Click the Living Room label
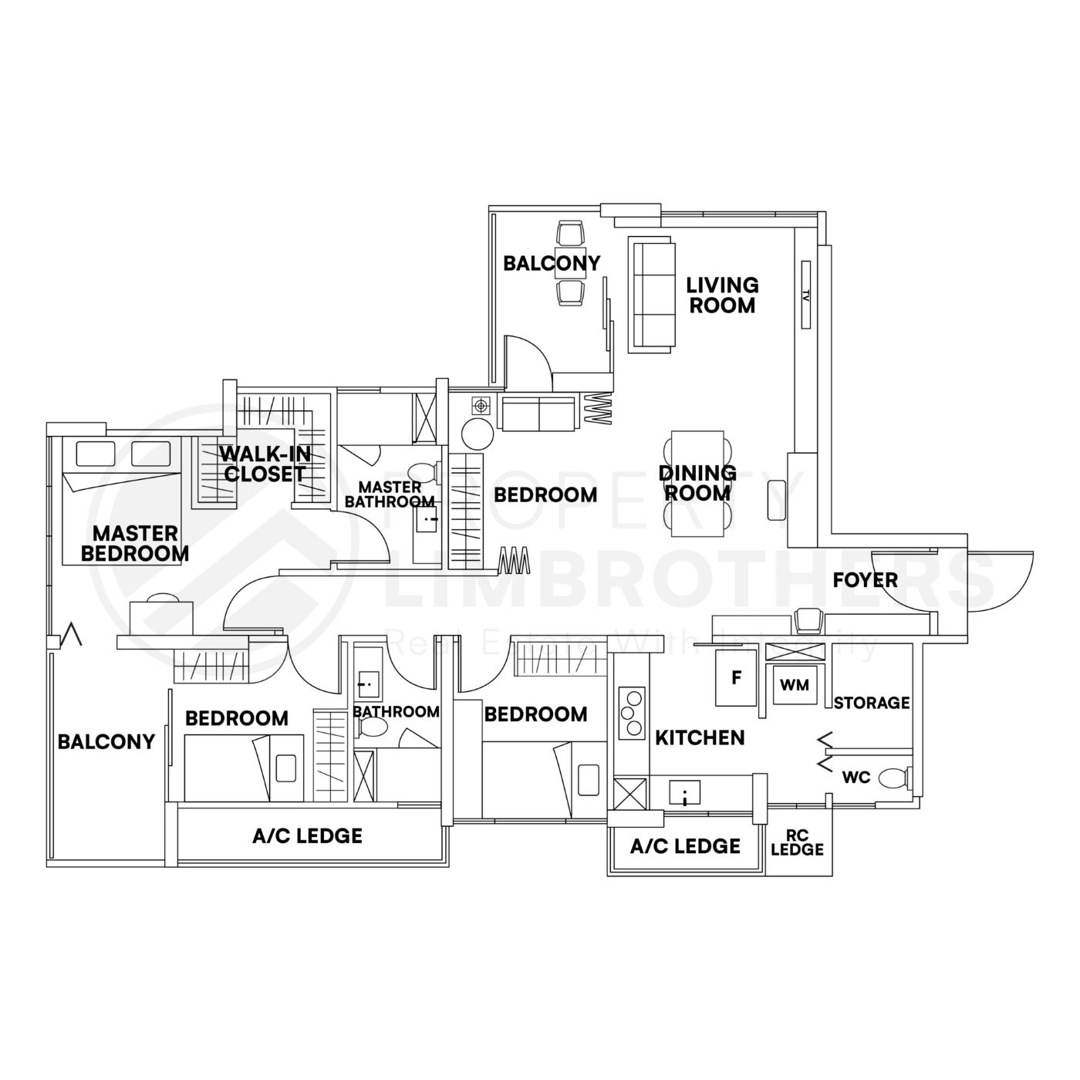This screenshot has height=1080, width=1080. [722, 295]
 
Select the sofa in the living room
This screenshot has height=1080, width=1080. [652, 295]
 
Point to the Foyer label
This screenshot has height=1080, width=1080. [865, 579]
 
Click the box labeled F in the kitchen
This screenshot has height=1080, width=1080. [736, 678]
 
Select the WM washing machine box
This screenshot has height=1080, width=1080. [795, 684]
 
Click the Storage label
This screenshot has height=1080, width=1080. [872, 703]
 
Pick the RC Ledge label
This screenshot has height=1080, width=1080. [798, 842]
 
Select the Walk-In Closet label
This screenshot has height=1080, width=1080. [265, 463]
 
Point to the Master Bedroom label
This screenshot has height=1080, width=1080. [135, 543]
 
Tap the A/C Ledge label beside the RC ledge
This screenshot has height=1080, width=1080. [685, 846]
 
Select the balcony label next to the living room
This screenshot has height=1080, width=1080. [551, 263]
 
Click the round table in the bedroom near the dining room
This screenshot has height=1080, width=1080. [478, 434]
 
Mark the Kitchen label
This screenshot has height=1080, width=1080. [700, 737]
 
